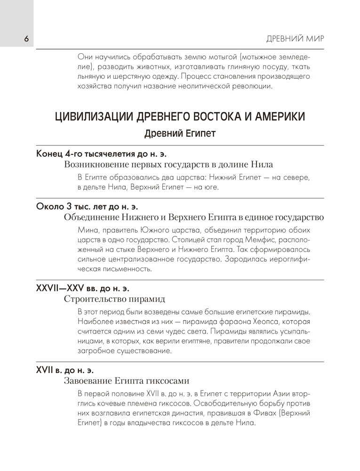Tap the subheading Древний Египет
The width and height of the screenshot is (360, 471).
tap(180, 133)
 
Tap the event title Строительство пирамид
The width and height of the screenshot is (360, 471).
tap(114, 299)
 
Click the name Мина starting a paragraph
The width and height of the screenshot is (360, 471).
tap(86, 230)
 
